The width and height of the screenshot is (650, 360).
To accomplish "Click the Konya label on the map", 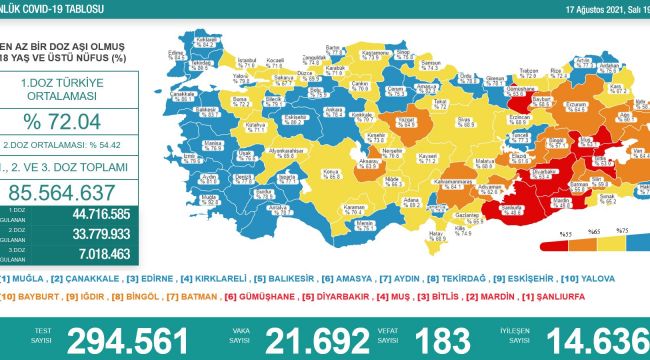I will (x=327, y=171).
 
